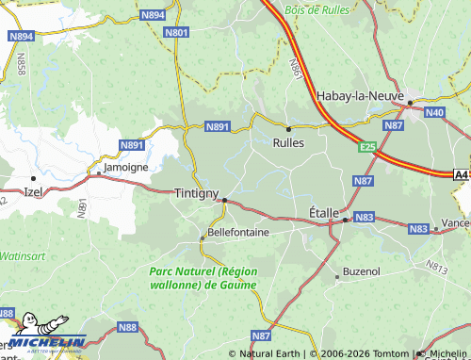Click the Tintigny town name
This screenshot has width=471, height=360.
196,191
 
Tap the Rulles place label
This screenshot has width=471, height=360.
287,143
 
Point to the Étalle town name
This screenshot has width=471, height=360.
323,213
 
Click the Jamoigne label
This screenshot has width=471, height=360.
125,167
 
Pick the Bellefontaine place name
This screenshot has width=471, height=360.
237,231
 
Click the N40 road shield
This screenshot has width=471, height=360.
433,113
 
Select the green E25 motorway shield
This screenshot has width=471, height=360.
367,147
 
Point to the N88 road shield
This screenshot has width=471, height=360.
127,327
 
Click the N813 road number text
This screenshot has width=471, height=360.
436,267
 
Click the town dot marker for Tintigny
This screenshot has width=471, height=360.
224,200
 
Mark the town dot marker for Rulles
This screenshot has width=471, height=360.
288,128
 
